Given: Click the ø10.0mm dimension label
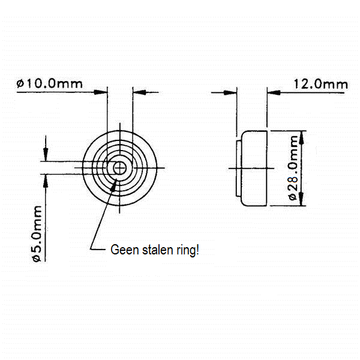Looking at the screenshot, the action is (49, 84).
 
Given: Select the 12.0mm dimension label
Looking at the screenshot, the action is (320, 84).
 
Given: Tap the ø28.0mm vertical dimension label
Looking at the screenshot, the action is (293, 168).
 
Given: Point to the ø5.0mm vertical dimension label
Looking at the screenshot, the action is (37, 234).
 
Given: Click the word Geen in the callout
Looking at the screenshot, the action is (124, 250).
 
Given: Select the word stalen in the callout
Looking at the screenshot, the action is (157, 250).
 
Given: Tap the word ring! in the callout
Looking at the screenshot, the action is (188, 251).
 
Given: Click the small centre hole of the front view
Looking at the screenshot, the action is (119, 168).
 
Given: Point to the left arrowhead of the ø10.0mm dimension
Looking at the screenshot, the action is (101, 92).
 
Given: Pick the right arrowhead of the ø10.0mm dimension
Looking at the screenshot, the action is (140, 92).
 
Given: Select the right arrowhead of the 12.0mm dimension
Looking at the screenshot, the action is (274, 93).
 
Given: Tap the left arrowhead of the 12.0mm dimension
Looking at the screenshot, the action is (230, 93).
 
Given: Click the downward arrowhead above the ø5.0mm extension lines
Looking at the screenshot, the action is (46, 155).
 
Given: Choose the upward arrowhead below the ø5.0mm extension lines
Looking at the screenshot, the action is (46, 181).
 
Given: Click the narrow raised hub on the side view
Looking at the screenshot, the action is (239, 169).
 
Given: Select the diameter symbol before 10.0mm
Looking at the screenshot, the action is (20, 84).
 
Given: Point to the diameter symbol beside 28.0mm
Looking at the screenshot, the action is (293, 197).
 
